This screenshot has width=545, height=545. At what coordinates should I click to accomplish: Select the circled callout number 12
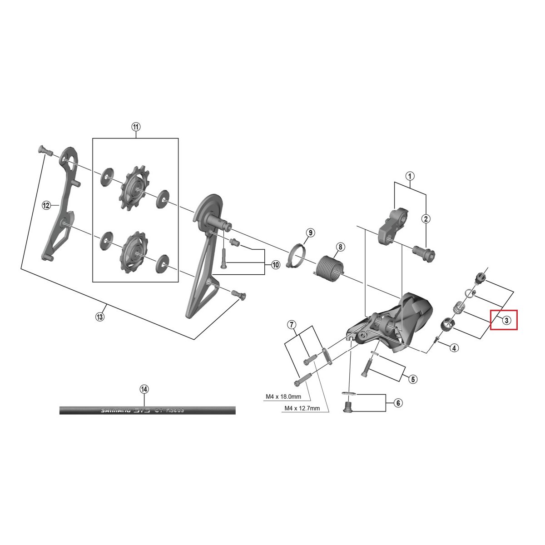pyautogui.click(x=46, y=206)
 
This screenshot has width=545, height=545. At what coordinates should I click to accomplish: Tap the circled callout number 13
pyautogui.click(x=100, y=317)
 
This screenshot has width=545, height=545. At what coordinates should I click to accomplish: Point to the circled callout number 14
pyautogui.click(x=144, y=389)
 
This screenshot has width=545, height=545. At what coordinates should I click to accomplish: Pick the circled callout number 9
pyautogui.click(x=310, y=233)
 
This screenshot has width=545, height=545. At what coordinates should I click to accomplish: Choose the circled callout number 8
pyautogui.click(x=340, y=248)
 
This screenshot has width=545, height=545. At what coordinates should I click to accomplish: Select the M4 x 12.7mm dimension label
pyautogui.click(x=302, y=408)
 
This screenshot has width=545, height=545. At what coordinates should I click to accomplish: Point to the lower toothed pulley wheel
pyautogui.click(x=132, y=252)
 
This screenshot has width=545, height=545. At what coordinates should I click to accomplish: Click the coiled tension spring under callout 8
pyautogui.click(x=328, y=267)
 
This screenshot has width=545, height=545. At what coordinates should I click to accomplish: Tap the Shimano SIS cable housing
pyautogui.click(x=148, y=410)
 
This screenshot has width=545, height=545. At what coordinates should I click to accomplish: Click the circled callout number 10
pyautogui.click(x=276, y=265)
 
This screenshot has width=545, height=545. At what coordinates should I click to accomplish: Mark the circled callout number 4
pyautogui.click(x=454, y=348)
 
